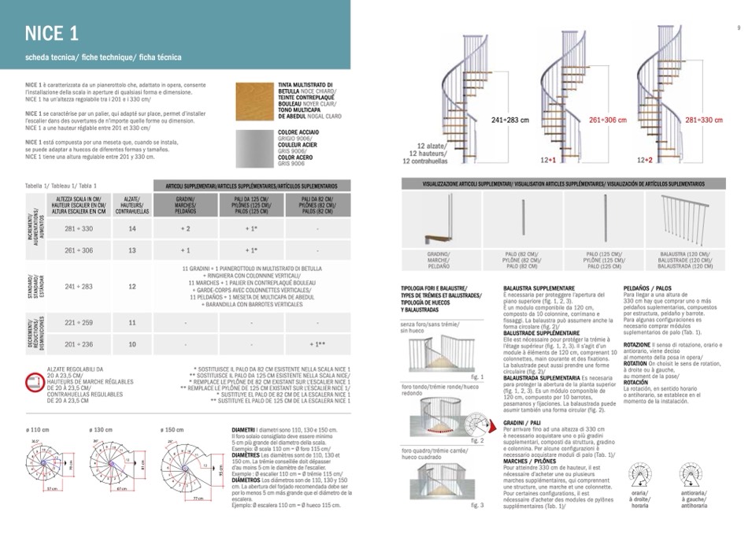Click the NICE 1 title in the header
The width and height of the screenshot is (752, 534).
pos(51,33)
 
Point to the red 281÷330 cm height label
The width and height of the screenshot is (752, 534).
pos(703,121)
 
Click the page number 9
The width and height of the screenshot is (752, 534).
pos(739,28)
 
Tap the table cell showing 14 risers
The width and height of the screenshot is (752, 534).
pos(132,228)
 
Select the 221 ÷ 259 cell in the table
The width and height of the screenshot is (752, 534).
pos(79,323)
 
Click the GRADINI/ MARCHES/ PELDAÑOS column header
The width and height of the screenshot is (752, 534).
pos(185,205)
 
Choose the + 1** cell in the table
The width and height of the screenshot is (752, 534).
pos(317,344)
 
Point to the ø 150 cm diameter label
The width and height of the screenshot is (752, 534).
pos(172,429)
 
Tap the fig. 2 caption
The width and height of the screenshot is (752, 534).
pos(477,440)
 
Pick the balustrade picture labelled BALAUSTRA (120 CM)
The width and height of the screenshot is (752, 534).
pos(681,222)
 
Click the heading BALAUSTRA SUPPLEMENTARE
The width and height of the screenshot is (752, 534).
pos(539,288)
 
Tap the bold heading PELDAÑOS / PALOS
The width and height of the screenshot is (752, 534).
pos(647,288)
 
